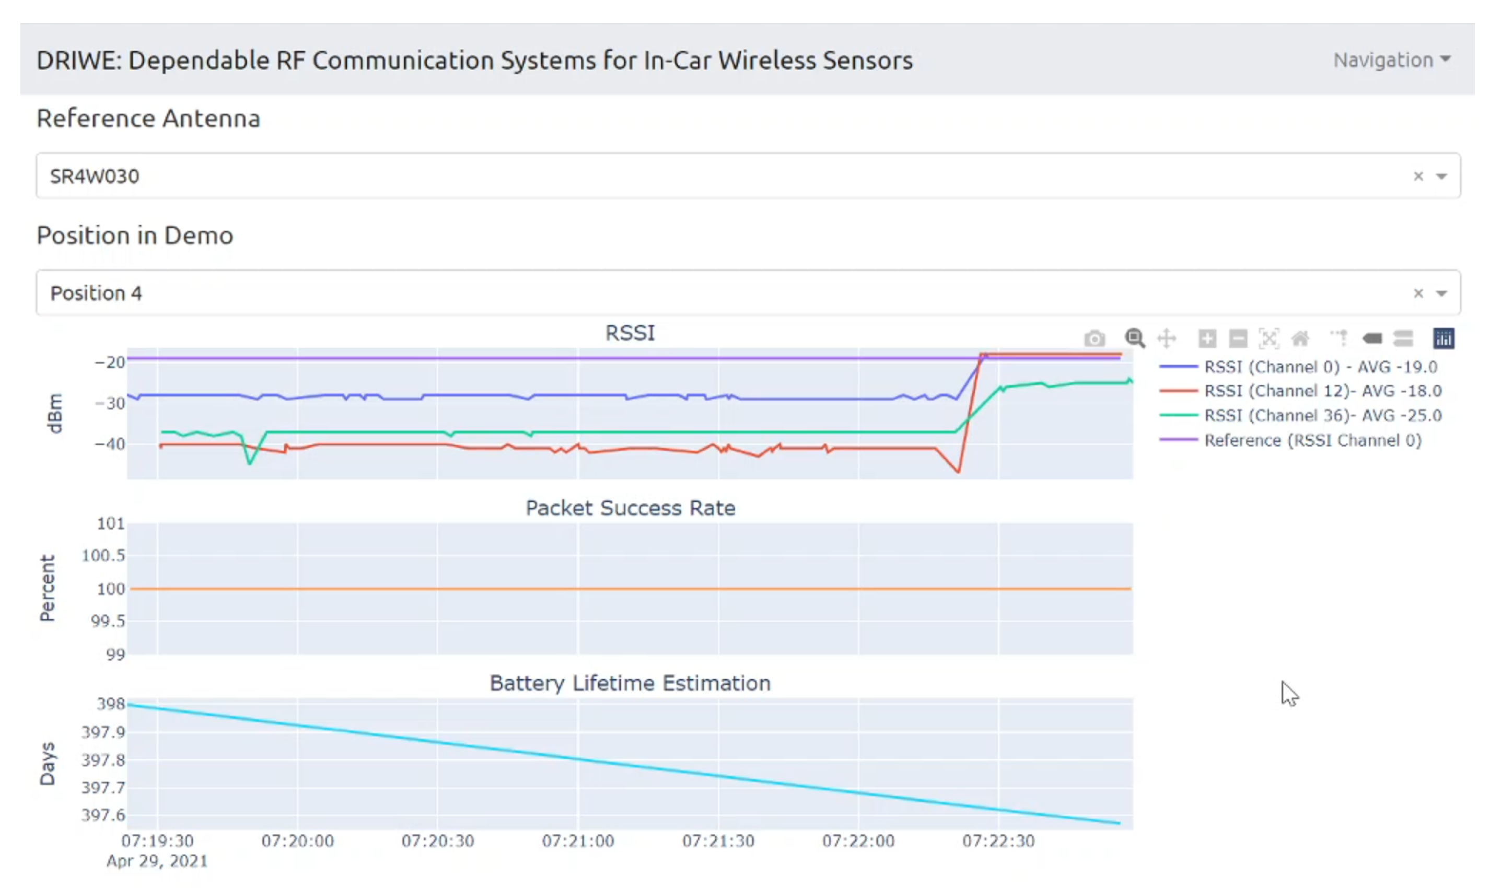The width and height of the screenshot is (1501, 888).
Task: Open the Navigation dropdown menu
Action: click(1391, 60)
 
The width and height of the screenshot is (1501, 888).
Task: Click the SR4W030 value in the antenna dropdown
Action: click(95, 176)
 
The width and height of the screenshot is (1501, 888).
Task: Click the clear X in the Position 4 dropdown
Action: click(1418, 293)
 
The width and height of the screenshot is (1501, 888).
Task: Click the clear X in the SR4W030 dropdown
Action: click(1418, 176)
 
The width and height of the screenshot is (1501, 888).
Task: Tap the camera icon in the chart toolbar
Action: click(1094, 338)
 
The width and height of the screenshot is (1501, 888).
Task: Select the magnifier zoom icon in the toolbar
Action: click(1134, 338)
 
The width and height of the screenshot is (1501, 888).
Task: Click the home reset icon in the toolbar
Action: click(1300, 338)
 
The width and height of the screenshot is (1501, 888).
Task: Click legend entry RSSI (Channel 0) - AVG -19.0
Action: click(1320, 367)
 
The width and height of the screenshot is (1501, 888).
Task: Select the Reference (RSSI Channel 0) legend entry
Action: click(1312, 440)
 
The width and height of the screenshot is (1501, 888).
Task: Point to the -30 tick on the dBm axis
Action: click(110, 403)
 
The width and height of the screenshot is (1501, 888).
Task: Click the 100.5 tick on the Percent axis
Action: click(103, 555)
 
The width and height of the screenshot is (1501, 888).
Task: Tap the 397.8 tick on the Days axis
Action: click(103, 760)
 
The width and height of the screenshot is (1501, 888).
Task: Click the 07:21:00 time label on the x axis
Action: click(577, 841)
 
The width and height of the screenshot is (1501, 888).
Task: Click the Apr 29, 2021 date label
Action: click(157, 861)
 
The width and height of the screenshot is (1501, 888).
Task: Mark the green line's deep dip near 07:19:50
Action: click(250, 463)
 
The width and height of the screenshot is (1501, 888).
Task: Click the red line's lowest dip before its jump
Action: click(958, 472)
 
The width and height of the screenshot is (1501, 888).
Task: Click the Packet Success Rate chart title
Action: click(630, 508)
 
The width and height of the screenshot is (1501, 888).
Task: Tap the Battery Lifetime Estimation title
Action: click(630, 683)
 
